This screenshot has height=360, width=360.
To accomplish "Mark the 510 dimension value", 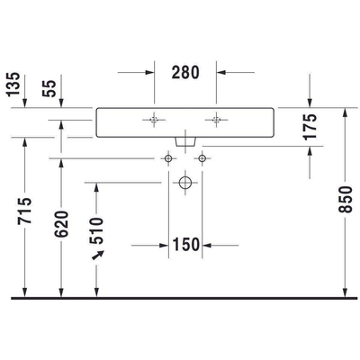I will click(98, 229).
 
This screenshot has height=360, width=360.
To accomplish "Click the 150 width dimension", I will click(186, 244).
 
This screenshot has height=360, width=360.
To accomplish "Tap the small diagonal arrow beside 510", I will click(98, 258).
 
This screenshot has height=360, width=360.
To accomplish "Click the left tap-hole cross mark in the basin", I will click(155, 119).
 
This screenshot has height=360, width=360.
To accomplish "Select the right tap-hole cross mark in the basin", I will click(217, 119).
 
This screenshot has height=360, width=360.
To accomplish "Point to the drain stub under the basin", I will click(185, 139).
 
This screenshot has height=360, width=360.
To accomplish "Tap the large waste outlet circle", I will click(185, 183).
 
